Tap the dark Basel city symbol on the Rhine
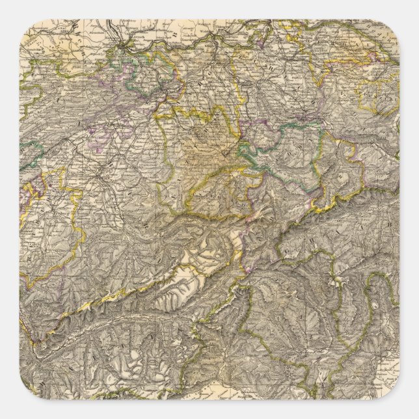118,47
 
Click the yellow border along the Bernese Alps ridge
130,293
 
